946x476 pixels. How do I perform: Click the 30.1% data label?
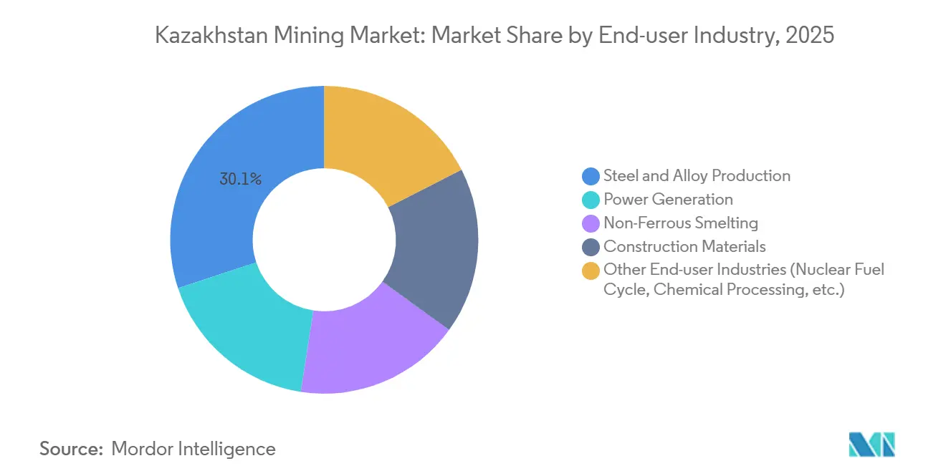coord(240,180)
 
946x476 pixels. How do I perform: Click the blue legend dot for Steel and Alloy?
coord(591,176)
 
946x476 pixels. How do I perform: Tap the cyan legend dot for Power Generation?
coord(591,200)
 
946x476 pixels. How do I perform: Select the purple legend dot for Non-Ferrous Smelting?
coord(591,223)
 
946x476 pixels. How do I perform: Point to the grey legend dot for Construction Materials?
coord(591,247)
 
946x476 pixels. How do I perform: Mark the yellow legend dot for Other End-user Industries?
coord(591,271)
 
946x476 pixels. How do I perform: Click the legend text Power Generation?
coord(668,200)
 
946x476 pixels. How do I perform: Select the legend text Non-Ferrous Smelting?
coord(681,223)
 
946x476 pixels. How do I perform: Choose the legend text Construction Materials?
coord(684,247)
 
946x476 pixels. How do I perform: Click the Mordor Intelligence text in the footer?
coord(193,449)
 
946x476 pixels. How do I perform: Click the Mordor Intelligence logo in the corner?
coord(871,444)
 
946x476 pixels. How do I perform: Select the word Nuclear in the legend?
coord(815,271)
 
